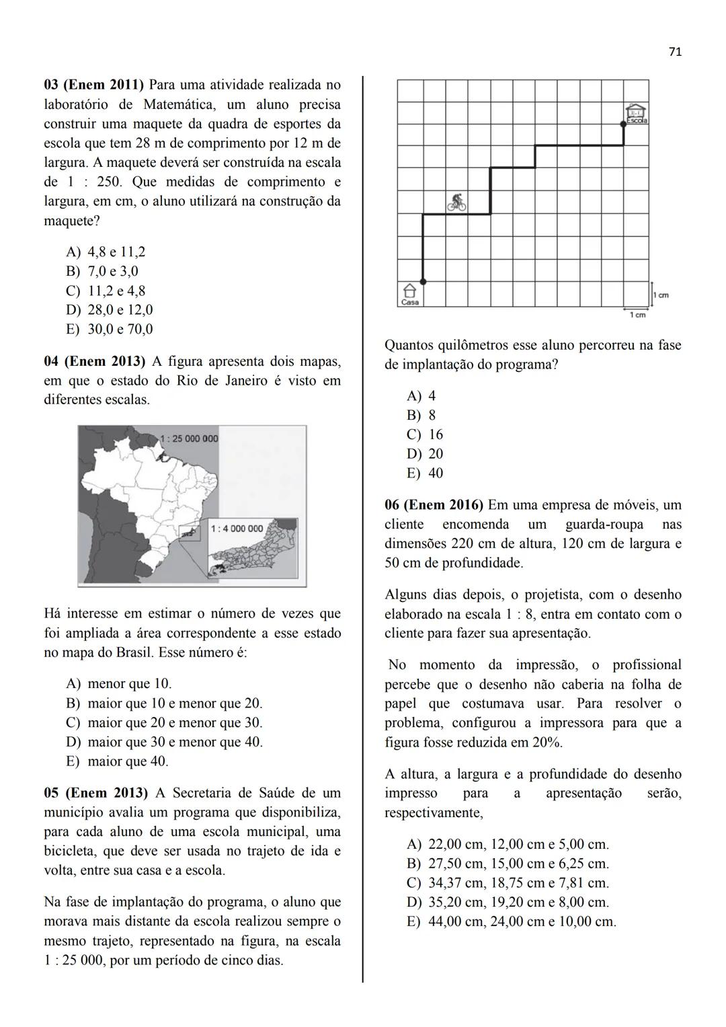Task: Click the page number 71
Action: pyautogui.click(x=676, y=52)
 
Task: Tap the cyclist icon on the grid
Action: pyautogui.click(x=457, y=202)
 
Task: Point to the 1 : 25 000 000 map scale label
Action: pyautogui.click(x=190, y=439)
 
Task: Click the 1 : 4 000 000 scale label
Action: pyautogui.click(x=237, y=529)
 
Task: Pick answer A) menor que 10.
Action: pyautogui.click(x=119, y=684)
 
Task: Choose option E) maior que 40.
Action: pyautogui.click(x=118, y=761)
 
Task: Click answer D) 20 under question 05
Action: pyautogui.click(x=426, y=454)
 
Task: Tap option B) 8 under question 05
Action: pyautogui.click(x=421, y=415)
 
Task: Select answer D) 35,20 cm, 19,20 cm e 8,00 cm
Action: pyautogui.click(x=508, y=902)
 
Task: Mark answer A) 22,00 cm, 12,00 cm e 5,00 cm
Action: pyautogui.click(x=508, y=844)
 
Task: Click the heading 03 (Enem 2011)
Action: pyautogui.click(x=94, y=85)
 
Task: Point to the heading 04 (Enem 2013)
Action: pyautogui.click(x=94, y=362)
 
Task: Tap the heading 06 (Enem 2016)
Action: pyautogui.click(x=434, y=505)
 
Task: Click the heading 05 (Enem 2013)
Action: pyautogui.click(x=94, y=793)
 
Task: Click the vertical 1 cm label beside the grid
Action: pyautogui.click(x=661, y=295)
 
